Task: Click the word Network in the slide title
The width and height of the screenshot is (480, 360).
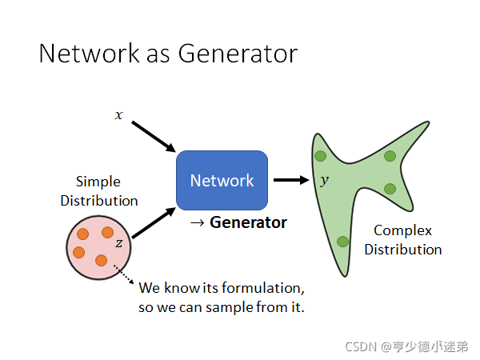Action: [x=86, y=54]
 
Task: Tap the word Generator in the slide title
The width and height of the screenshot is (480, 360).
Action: [x=238, y=54]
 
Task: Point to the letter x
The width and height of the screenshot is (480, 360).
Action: [x=119, y=115]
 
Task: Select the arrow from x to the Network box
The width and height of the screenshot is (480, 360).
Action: [x=153, y=137]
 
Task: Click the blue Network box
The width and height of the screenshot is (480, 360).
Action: [x=222, y=180]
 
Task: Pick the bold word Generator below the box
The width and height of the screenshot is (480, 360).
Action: [x=248, y=222]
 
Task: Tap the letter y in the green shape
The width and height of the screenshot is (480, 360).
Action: [x=324, y=181]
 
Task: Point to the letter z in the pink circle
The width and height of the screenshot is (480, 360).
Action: [x=118, y=242]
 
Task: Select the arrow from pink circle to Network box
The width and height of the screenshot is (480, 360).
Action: [x=154, y=223]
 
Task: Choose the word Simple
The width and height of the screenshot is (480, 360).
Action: [x=98, y=182]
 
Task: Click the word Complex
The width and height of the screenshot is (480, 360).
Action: [x=402, y=230]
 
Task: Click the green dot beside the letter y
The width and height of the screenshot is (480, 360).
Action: [x=319, y=155]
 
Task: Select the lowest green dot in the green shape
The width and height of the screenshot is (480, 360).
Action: [x=342, y=241]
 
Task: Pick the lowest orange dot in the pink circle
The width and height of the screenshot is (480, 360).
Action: [x=101, y=260]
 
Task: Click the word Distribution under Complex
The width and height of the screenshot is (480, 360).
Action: [x=402, y=250]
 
